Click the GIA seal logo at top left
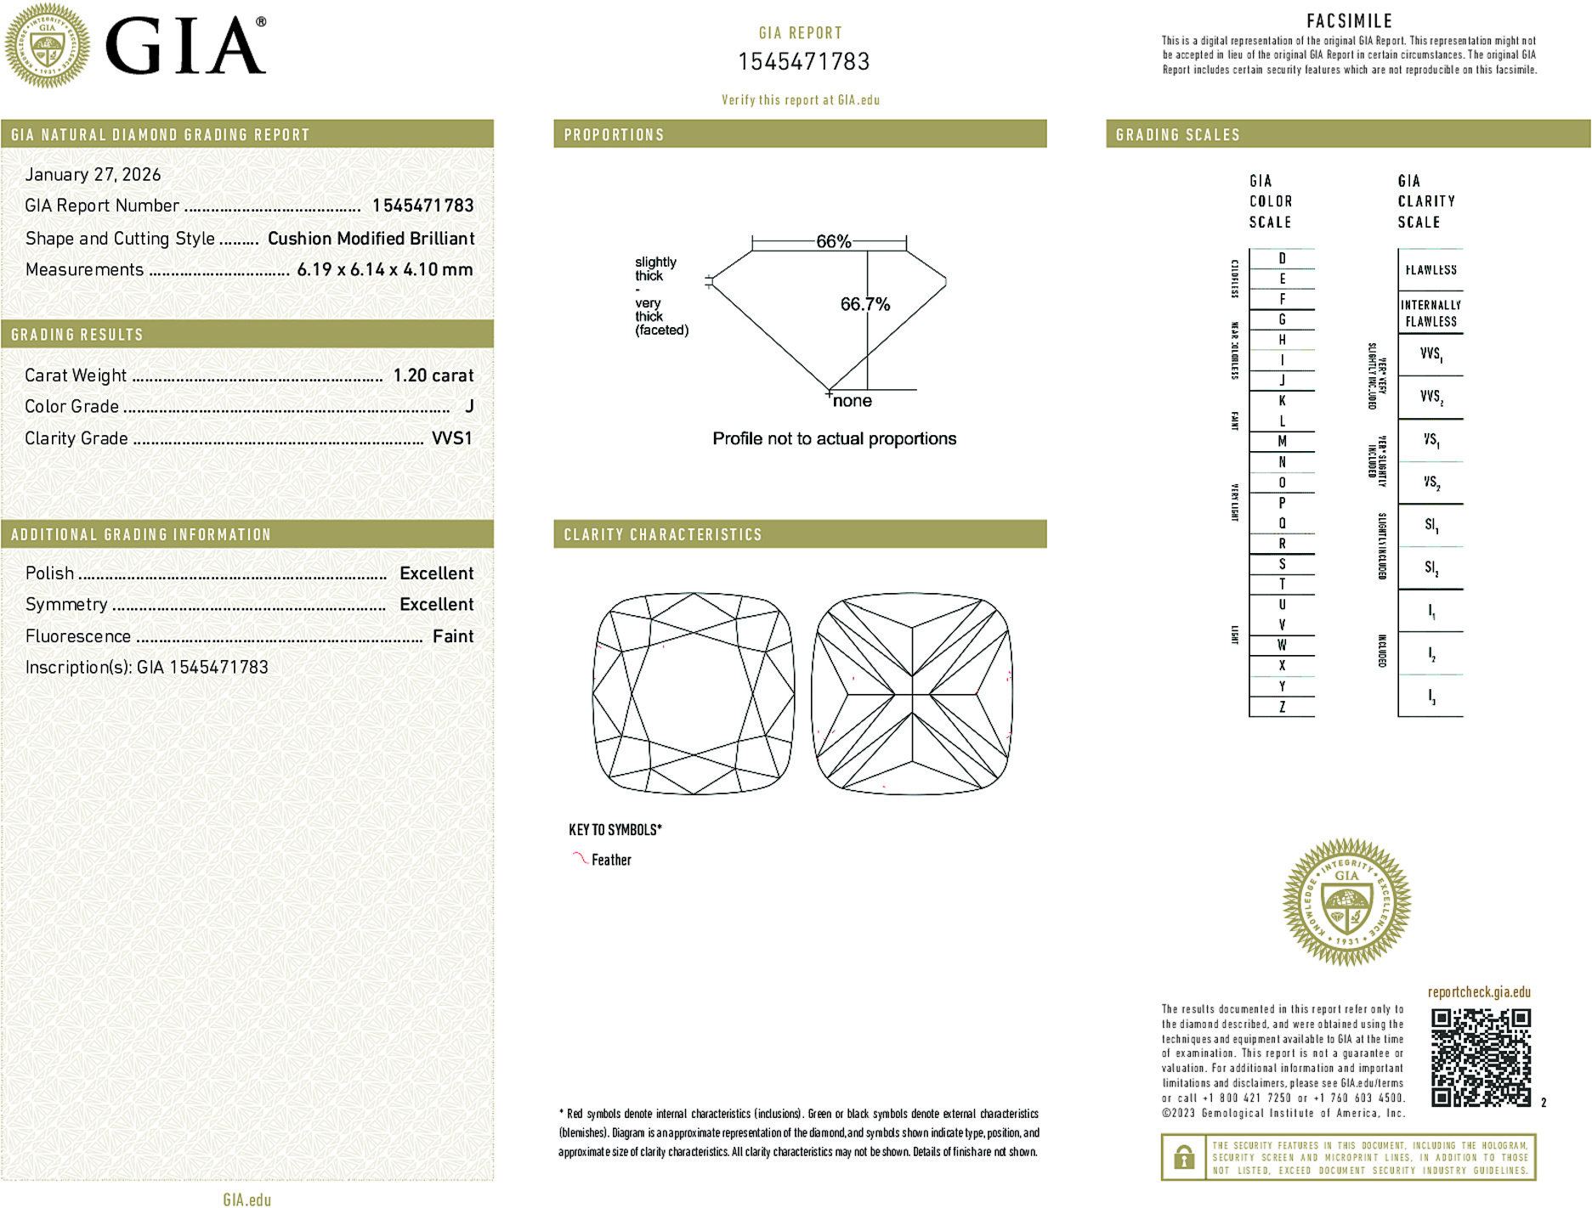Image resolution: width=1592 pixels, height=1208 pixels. [x=47, y=46]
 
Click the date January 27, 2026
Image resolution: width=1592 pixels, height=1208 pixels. [x=93, y=174]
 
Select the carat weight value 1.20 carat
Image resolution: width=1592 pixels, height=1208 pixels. [x=433, y=375]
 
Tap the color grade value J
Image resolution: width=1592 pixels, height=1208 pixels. [x=469, y=407]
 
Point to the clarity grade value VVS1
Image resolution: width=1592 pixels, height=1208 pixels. [x=451, y=438]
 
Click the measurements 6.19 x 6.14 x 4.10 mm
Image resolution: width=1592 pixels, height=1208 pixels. [x=384, y=270]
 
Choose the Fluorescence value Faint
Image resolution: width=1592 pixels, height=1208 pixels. [x=452, y=636]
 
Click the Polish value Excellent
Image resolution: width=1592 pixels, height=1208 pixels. [x=436, y=573]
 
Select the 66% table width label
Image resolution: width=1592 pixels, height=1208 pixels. [x=833, y=241]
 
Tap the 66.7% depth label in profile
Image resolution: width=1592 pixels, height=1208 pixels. [x=864, y=304]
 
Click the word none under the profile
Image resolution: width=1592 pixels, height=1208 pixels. [x=852, y=401]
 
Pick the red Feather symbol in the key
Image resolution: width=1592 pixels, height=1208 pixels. [x=580, y=858]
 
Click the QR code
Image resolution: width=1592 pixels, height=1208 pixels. [x=1480, y=1057]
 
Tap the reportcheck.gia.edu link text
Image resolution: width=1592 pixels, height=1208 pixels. [x=1478, y=992]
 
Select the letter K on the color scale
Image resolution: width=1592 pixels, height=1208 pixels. [x=1282, y=401]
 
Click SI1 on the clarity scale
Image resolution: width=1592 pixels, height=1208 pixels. [x=1431, y=525]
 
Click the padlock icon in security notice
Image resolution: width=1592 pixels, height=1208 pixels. [x=1183, y=1157]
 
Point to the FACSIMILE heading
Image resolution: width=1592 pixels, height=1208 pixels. [x=1349, y=21]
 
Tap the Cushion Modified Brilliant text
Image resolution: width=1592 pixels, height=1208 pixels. [x=371, y=239]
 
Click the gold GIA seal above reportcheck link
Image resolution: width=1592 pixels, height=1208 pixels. [x=1346, y=902]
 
